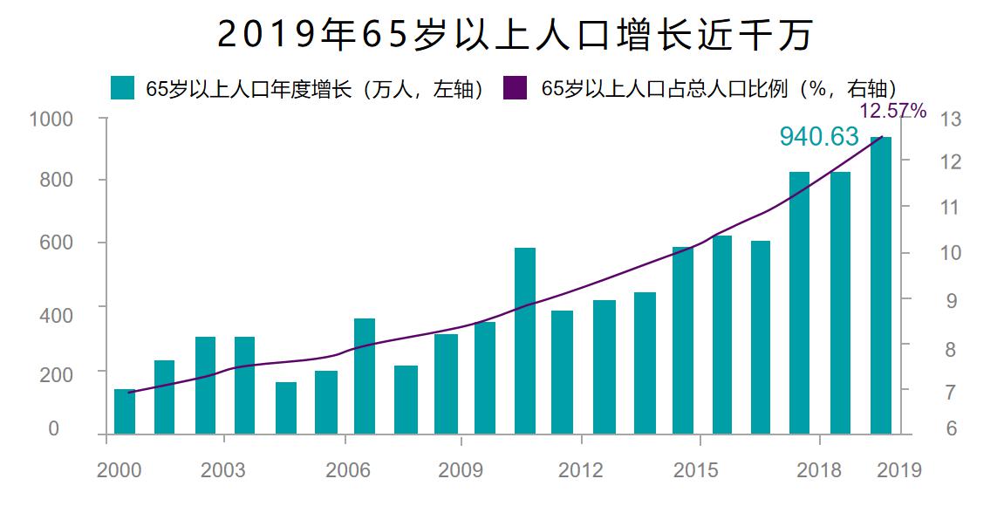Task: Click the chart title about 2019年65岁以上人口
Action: pyautogui.click(x=515, y=35)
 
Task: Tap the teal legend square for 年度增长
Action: pyautogui.click(x=123, y=88)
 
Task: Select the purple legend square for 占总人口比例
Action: pyautogui.click(x=516, y=88)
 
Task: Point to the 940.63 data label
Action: pyautogui.click(x=818, y=136)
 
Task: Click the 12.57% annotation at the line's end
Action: pyautogui.click(x=892, y=111)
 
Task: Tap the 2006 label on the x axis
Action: pyautogui.click(x=348, y=471)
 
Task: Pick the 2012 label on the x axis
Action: pyautogui.click(x=580, y=471)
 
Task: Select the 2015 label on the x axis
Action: pyautogui.click(x=697, y=471)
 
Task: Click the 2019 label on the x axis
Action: pyautogui.click(x=899, y=471)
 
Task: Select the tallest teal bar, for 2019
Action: pyautogui.click(x=881, y=288)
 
